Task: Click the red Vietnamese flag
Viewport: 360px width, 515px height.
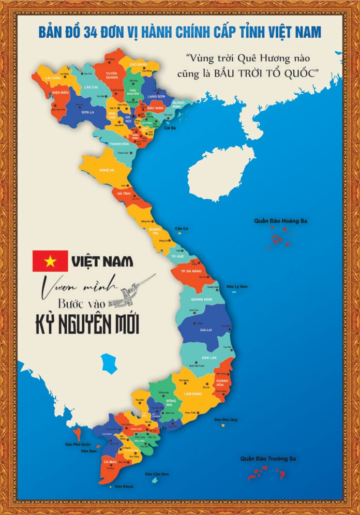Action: click(x=50, y=261)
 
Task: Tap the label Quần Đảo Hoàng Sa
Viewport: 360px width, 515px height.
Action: click(x=280, y=221)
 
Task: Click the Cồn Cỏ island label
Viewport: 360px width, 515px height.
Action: click(x=182, y=228)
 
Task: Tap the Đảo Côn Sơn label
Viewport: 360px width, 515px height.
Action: click(x=156, y=474)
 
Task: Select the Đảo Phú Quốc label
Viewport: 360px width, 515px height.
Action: click(x=78, y=444)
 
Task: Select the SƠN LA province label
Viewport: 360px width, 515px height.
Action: click(x=86, y=112)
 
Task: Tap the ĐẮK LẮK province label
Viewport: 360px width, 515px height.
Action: click(x=209, y=358)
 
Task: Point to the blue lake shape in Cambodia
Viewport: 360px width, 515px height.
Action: click(x=110, y=362)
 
